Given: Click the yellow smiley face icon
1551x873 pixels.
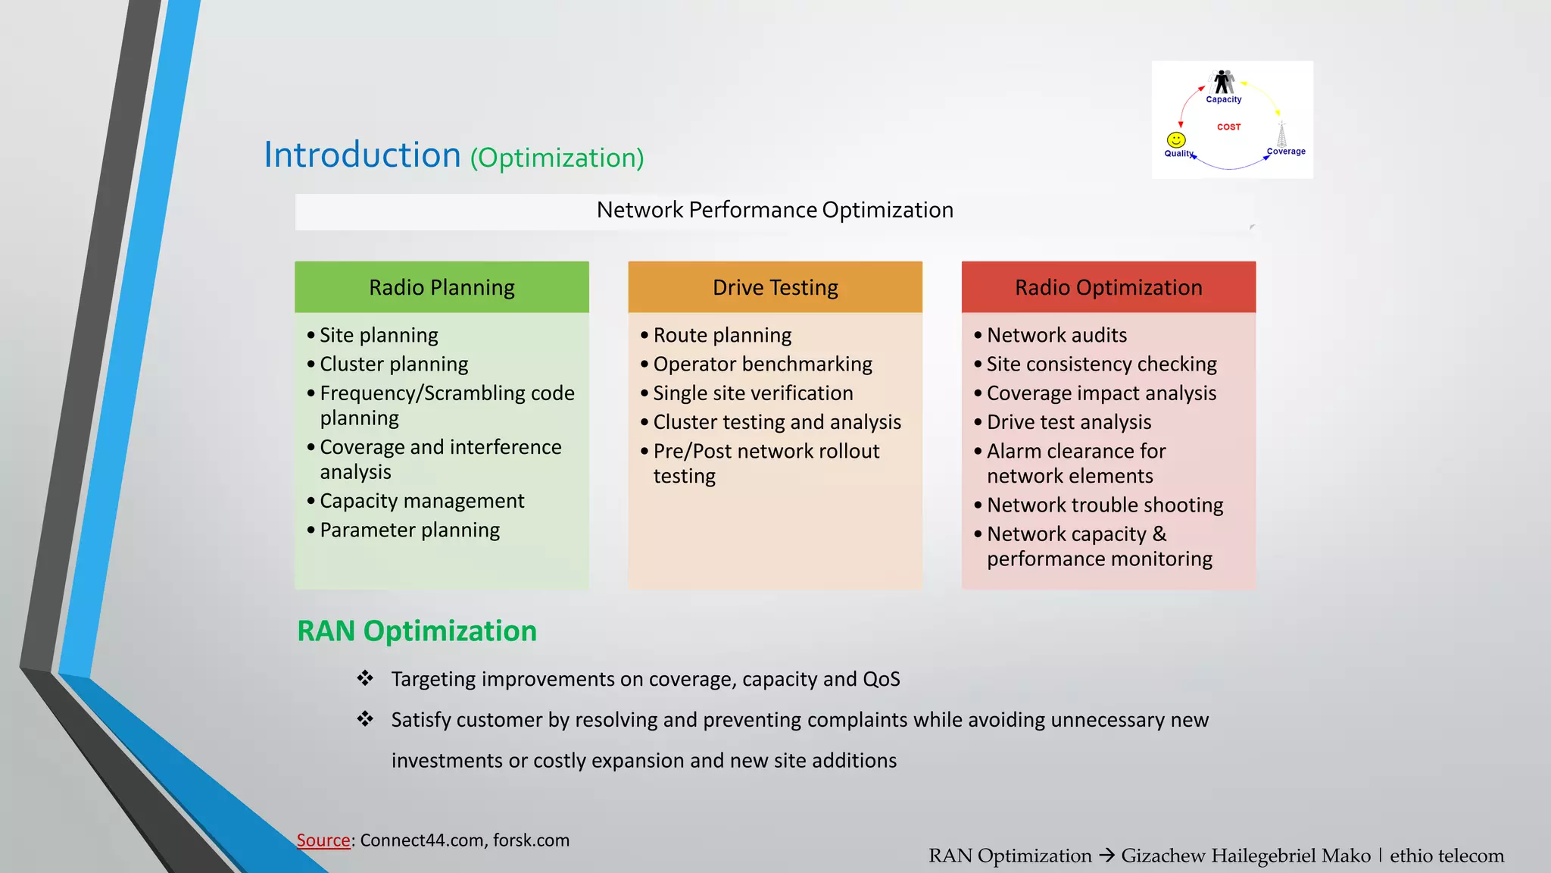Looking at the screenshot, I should [x=1176, y=139].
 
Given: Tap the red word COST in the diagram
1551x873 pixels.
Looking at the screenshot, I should [x=1228, y=127].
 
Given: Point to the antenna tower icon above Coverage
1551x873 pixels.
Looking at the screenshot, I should [x=1281, y=134].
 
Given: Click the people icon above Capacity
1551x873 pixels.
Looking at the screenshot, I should [x=1224, y=81].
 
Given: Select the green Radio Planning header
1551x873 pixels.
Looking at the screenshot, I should [x=442, y=287].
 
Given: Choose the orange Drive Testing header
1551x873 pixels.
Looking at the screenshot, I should [x=775, y=287].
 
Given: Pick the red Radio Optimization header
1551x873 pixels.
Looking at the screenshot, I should [x=1108, y=287].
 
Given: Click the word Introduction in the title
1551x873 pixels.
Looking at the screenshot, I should [x=362, y=155].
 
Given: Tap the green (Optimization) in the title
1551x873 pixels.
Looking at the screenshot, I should [x=557, y=158].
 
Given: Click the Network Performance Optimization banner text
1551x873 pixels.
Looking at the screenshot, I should [x=775, y=210].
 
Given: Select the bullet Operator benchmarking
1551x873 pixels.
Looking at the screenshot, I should [x=762, y=364].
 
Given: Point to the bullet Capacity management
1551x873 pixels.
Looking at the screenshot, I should [x=421, y=501].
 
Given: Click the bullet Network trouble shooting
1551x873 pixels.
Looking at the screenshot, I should [x=1104, y=505].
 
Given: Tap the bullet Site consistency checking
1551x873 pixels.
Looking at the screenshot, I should [x=1101, y=364].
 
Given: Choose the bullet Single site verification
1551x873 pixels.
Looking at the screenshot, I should [x=753, y=393].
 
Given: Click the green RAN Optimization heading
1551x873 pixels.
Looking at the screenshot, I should [x=417, y=630].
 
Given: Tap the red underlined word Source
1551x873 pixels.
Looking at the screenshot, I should [x=323, y=840].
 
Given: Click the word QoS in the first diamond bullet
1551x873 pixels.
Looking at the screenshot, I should [x=882, y=679].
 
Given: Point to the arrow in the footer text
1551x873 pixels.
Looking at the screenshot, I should [x=1106, y=856].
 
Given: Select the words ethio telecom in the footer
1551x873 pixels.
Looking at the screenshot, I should [x=1446, y=856].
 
